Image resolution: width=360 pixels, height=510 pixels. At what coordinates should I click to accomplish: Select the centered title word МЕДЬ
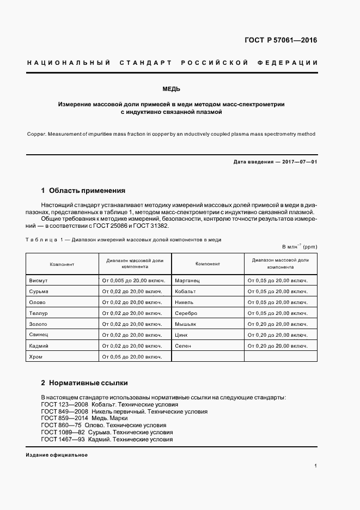pyautogui.click(x=172, y=89)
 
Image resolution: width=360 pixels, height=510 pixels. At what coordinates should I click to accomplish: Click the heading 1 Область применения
pyautogui.click(x=83, y=191)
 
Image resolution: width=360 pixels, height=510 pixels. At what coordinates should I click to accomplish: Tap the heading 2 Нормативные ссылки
pyautogui.click(x=84, y=383)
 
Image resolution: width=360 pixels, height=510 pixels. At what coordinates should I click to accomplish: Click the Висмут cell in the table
pyautogui.click(x=39, y=281)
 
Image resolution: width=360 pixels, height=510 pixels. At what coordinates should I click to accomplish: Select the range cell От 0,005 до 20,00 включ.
pyautogui.click(x=133, y=281)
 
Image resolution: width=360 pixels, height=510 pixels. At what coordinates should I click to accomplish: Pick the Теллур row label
pyautogui.click(x=39, y=313)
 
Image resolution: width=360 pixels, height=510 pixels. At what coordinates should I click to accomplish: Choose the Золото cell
pyautogui.click(x=38, y=324)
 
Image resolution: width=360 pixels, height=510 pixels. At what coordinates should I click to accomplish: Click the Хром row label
pyautogui.click(x=35, y=356)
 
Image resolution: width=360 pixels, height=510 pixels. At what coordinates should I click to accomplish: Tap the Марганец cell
pyautogui.click(x=187, y=281)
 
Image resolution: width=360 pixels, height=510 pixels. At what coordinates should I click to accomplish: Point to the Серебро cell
pyautogui.click(x=186, y=313)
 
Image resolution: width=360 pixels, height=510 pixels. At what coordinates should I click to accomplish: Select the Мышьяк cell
pyautogui.click(x=186, y=324)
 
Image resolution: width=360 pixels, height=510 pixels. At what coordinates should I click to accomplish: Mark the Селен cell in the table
pyautogui.click(x=182, y=345)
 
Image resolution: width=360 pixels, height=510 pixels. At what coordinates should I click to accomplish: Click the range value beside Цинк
pyautogui.click(x=278, y=335)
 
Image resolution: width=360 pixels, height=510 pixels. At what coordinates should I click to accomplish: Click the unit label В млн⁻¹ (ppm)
pyautogui.click(x=299, y=247)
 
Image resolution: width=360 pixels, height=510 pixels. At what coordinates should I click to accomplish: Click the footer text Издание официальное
pyautogui.click(x=57, y=455)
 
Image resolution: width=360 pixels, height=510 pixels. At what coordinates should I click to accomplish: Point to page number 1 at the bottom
pyautogui.click(x=316, y=466)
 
